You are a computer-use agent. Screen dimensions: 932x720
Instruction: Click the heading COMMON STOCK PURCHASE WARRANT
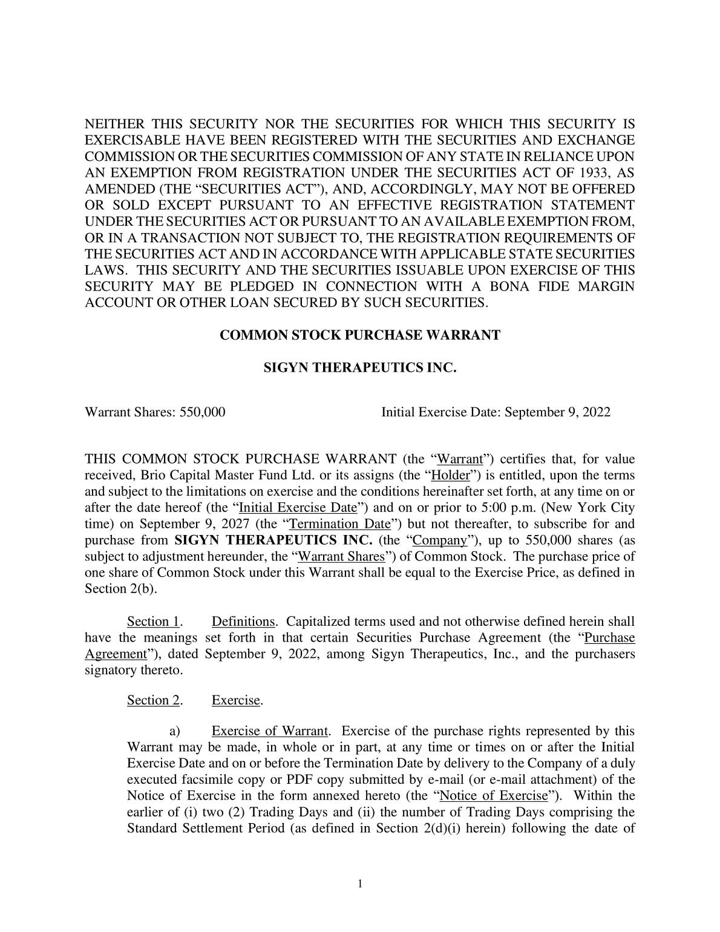tap(359, 335)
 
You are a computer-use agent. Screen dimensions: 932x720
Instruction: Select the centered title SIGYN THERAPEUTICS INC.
tap(359, 367)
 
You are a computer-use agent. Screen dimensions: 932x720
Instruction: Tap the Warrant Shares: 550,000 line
tap(155, 413)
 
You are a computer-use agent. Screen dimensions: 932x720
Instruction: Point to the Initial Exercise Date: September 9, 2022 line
tap(496, 413)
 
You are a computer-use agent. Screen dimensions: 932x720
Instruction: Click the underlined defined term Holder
tap(451, 476)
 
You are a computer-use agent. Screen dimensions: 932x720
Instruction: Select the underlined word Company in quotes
tap(439, 540)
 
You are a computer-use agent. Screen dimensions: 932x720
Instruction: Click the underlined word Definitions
tap(243, 622)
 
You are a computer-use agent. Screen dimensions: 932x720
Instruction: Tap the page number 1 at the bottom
tap(360, 884)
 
